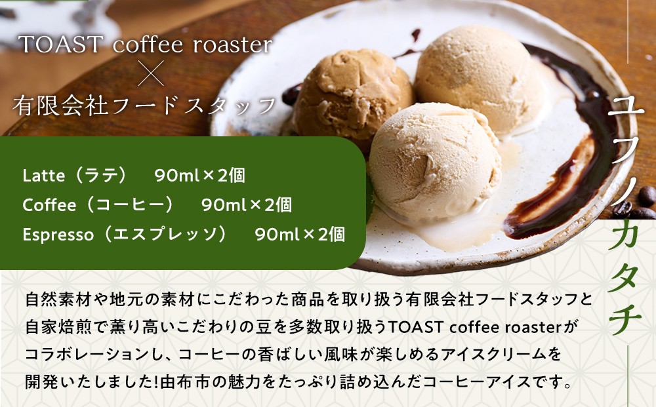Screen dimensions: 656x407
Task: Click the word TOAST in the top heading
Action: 60,45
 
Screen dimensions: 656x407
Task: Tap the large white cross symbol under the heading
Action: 151,73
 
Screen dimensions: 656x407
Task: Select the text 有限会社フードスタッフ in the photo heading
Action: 144,106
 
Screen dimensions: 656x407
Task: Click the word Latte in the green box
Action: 44,176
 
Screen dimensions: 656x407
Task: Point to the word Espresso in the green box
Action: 58,235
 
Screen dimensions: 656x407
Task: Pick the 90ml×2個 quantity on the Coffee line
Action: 247,205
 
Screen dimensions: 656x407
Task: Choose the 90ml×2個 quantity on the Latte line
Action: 199,176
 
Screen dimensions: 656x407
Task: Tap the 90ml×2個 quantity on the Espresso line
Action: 300,235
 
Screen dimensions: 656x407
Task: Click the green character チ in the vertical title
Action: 625,319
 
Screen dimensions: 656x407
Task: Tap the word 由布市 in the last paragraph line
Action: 186,382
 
